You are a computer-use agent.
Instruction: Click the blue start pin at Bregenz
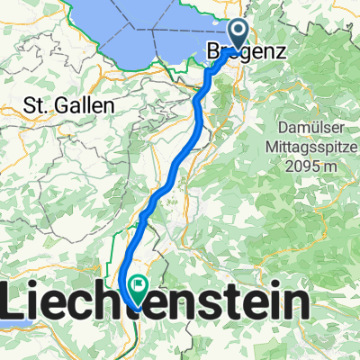[237, 34]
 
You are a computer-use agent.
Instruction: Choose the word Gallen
[87, 105]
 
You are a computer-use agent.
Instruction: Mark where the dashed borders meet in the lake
[153, 27]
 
